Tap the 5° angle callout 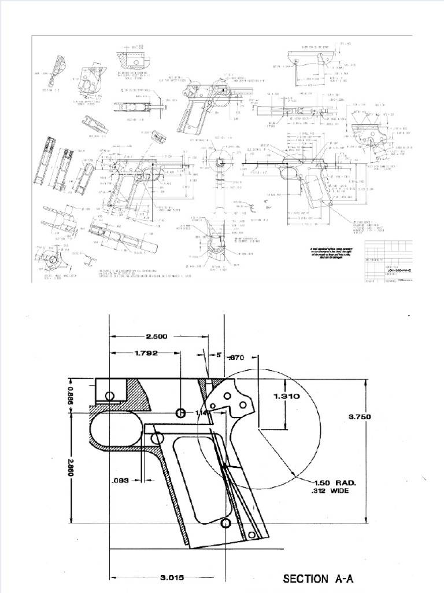click(219, 354)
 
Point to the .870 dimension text click(237, 358)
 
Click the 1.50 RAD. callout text click(335, 482)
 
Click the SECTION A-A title click(317, 578)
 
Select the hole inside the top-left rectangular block click(109, 396)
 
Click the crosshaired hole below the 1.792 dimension click(180, 413)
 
